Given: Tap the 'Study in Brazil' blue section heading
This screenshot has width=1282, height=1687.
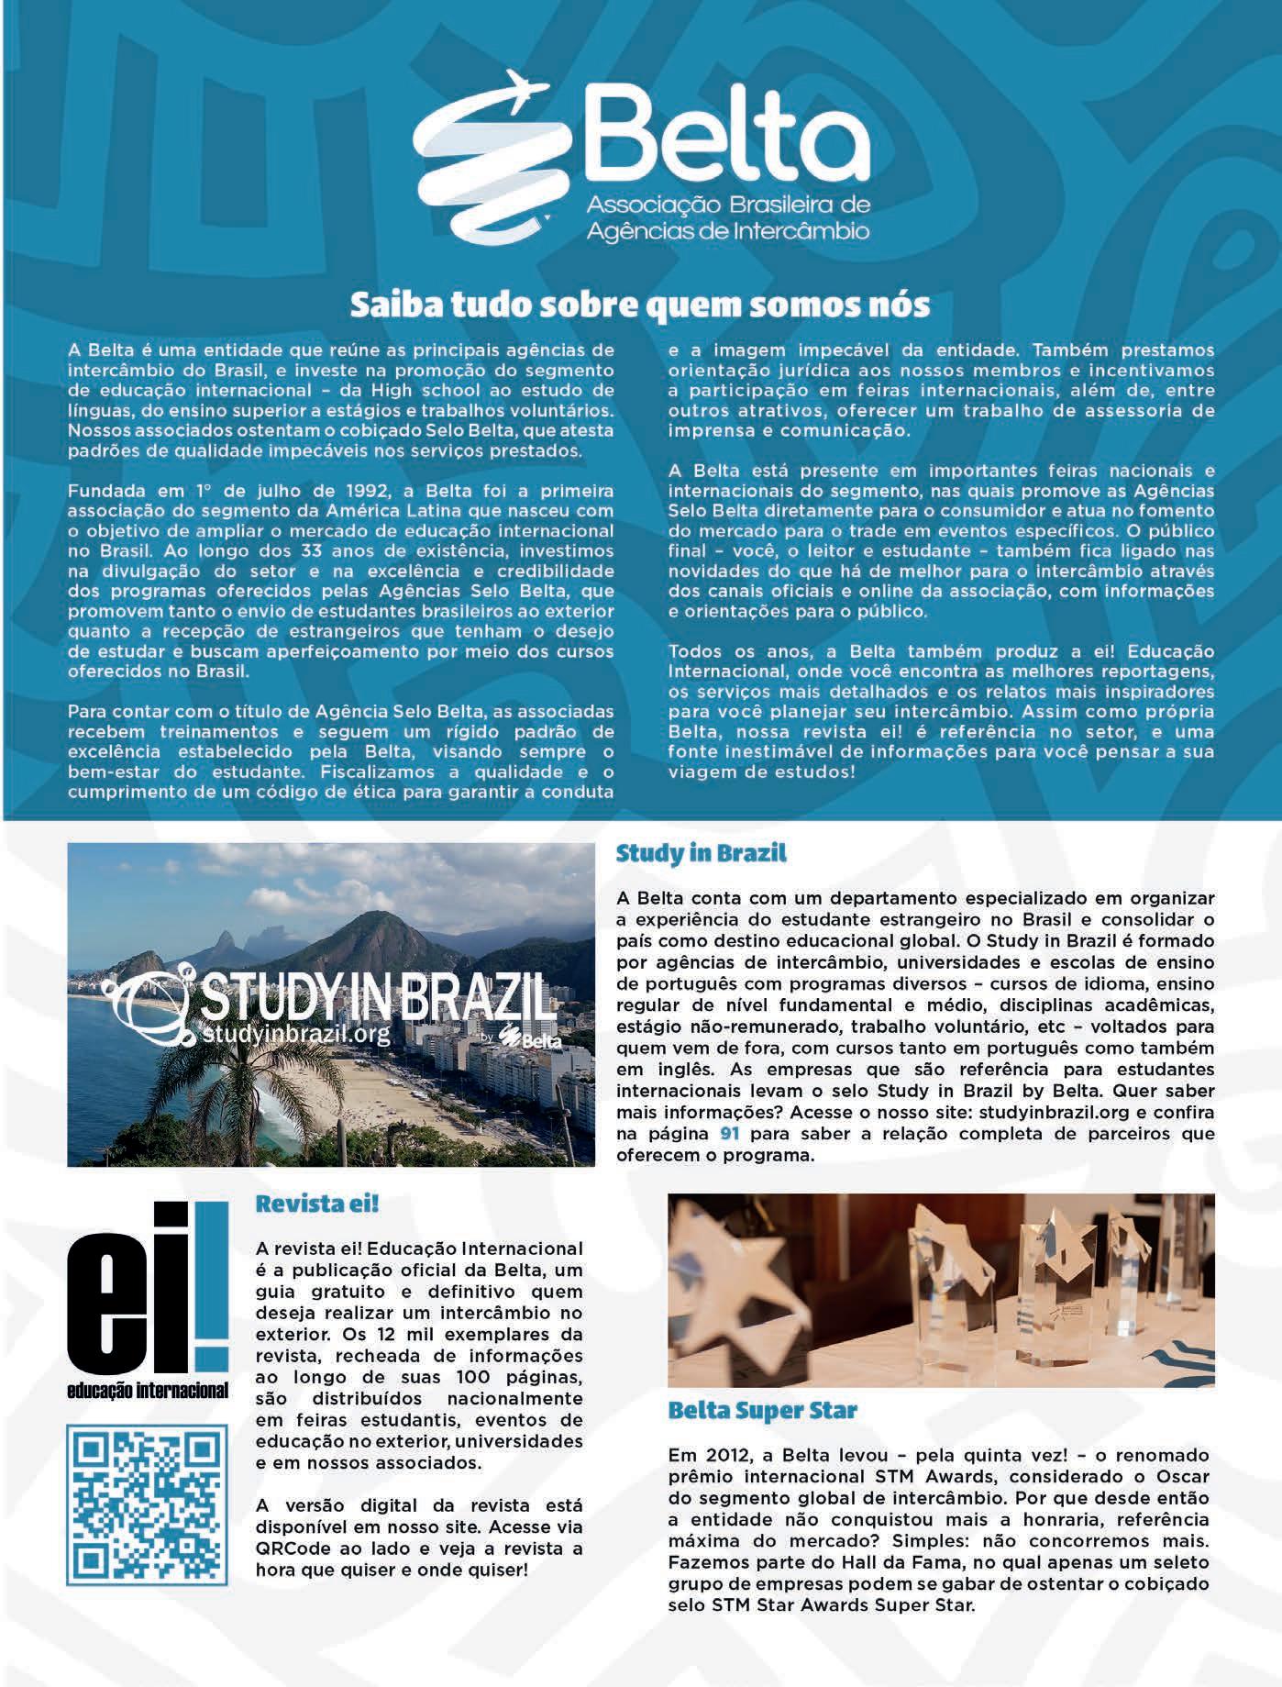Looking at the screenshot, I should point(701,853).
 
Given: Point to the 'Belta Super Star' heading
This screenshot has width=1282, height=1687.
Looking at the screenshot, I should point(762,1410).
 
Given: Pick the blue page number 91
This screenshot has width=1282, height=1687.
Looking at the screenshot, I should point(730,1134).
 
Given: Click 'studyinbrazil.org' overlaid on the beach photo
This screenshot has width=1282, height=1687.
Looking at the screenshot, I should point(285,1035).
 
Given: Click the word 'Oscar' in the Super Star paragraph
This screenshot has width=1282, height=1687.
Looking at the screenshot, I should point(1183,1477).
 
